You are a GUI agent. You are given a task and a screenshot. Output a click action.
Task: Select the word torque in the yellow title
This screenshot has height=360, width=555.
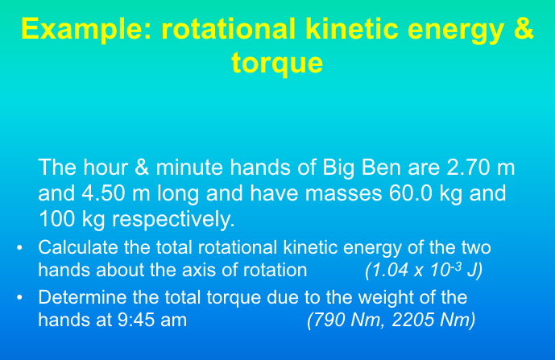[x=277, y=62]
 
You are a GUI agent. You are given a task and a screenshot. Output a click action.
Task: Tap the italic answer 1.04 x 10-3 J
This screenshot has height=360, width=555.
[x=423, y=268]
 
